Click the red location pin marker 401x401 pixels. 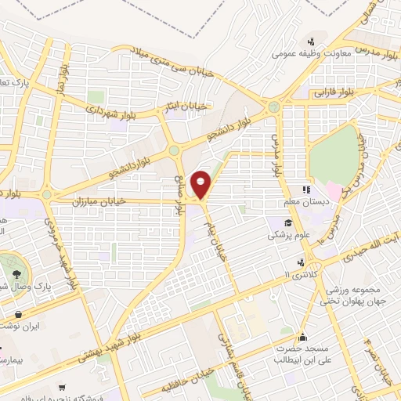coord(202,184)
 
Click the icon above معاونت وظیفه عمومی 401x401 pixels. coord(312,42)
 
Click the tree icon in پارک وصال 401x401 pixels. coord(17,273)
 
